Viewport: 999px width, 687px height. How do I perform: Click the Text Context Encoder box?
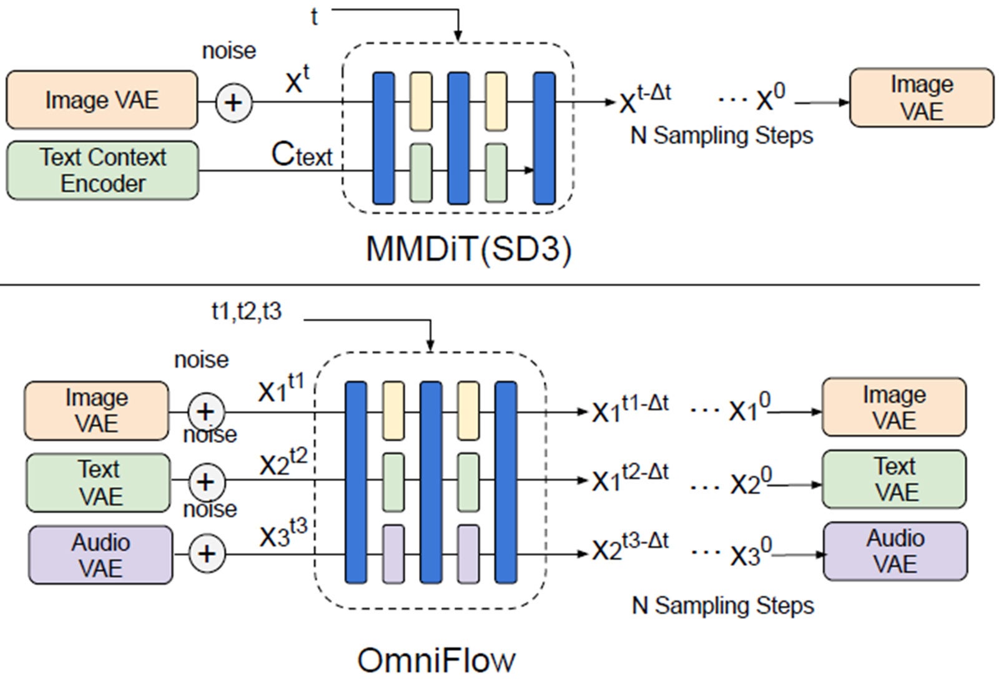point(102,170)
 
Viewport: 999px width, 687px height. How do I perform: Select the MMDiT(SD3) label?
point(468,249)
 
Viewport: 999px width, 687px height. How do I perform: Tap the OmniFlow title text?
point(436,660)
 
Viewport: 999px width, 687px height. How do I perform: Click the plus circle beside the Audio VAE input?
point(207,554)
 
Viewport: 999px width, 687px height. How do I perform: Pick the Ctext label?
point(302,154)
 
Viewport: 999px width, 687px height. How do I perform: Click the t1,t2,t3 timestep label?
point(247,311)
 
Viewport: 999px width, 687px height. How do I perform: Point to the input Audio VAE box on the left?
point(101,555)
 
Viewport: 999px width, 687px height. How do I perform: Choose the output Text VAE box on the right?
point(894,479)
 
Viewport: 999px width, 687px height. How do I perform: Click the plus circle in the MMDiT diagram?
point(234,102)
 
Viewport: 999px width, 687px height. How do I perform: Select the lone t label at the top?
point(314,17)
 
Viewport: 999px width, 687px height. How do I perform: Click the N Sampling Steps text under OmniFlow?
point(722,605)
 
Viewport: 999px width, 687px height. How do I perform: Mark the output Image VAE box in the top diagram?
point(922,98)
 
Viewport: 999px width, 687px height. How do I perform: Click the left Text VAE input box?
point(98,483)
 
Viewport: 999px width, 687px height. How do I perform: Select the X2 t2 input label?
point(283,462)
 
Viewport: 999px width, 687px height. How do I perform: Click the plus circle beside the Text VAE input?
point(205,482)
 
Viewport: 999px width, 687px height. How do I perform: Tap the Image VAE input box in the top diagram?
point(102,100)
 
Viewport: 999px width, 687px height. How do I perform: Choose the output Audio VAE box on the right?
point(895,552)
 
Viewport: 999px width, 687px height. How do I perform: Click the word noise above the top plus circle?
point(229,51)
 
